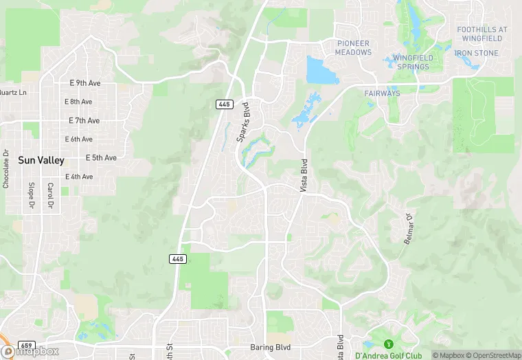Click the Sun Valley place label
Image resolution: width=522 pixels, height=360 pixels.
(x=41, y=161)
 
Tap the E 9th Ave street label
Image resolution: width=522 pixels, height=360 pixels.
(x=85, y=83)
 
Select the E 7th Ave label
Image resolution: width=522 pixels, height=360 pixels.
(x=84, y=120)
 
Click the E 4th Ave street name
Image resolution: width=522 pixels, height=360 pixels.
(x=79, y=177)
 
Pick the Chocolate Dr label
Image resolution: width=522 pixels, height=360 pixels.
(x=5, y=169)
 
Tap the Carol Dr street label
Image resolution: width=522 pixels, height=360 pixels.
(x=50, y=196)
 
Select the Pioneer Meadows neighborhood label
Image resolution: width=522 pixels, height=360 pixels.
(x=353, y=48)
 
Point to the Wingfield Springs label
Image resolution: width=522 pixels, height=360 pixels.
(x=411, y=63)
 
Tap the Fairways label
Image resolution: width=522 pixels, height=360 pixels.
(x=383, y=93)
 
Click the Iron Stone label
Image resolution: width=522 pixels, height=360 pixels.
(x=476, y=53)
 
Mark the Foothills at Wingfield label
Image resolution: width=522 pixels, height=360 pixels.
(x=481, y=34)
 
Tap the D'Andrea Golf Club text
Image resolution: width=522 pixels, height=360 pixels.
(x=388, y=356)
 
